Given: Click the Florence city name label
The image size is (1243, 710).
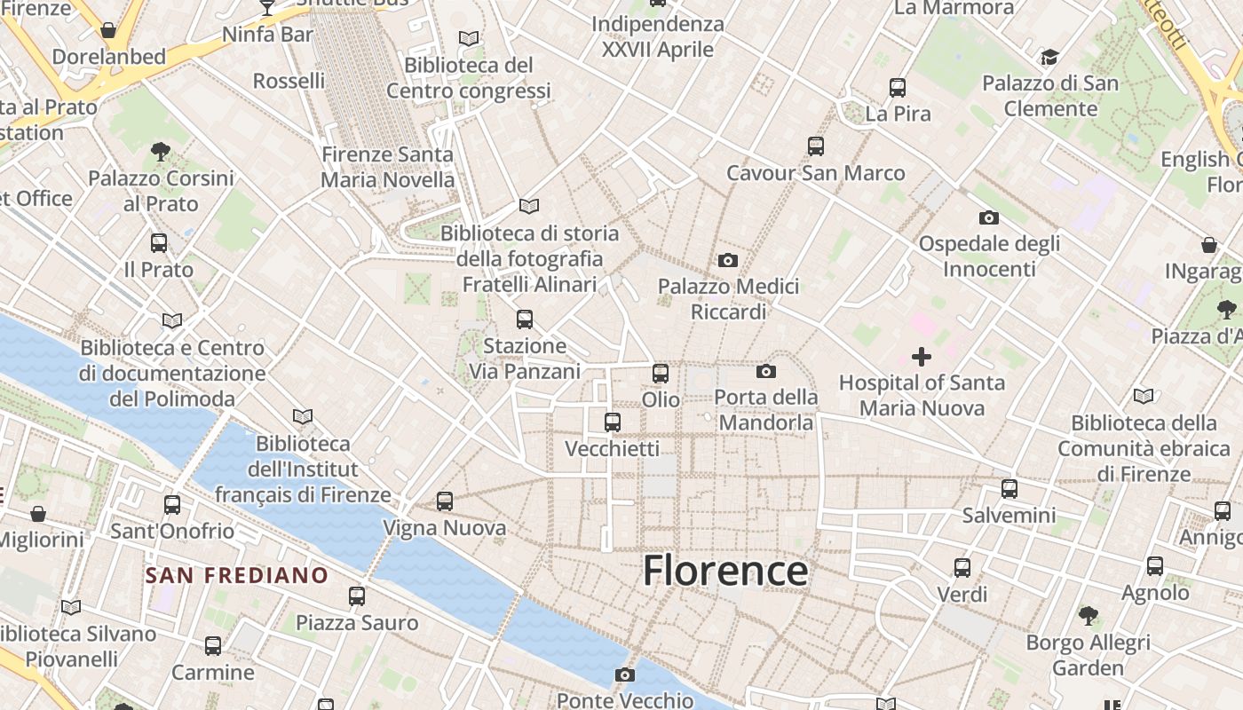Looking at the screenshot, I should pyautogui.click(x=725, y=570).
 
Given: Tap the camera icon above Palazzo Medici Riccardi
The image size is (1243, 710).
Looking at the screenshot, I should pyautogui.click(x=728, y=260).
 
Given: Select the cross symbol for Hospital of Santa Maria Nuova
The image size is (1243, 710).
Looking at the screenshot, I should pyautogui.click(x=922, y=357).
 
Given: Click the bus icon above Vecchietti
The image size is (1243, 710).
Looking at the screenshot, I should pyautogui.click(x=613, y=422).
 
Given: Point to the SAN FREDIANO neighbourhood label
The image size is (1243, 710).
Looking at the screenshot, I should pyautogui.click(x=237, y=575).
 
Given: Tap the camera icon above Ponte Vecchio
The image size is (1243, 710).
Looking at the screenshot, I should pyautogui.click(x=625, y=674).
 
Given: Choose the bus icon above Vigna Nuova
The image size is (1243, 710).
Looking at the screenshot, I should pyautogui.click(x=445, y=501).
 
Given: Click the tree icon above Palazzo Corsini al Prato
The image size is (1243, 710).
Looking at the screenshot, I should pyautogui.click(x=161, y=152).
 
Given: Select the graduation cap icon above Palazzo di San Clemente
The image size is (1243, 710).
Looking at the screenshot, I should pyautogui.click(x=1049, y=58).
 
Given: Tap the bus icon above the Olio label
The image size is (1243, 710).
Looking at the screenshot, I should pyautogui.click(x=661, y=374).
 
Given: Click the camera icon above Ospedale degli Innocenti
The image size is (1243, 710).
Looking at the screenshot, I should pyautogui.click(x=989, y=217).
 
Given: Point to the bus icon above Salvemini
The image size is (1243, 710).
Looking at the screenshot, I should pyautogui.click(x=1009, y=489).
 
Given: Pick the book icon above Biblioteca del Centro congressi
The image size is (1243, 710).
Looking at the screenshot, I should pyautogui.click(x=469, y=38).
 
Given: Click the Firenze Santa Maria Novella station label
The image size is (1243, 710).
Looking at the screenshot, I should pyautogui.click(x=387, y=167).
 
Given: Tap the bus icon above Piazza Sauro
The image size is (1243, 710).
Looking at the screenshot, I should pyautogui.click(x=357, y=596).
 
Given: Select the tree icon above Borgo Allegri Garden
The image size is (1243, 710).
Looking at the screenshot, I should pyautogui.click(x=1088, y=616).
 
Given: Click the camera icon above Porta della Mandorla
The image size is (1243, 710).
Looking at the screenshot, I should pyautogui.click(x=766, y=371).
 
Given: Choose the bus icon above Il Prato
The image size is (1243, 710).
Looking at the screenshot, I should pyautogui.click(x=159, y=243).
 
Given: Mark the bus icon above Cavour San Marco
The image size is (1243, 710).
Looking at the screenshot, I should pyautogui.click(x=816, y=146).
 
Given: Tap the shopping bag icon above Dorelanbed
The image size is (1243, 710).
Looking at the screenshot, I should pyautogui.click(x=108, y=30).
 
